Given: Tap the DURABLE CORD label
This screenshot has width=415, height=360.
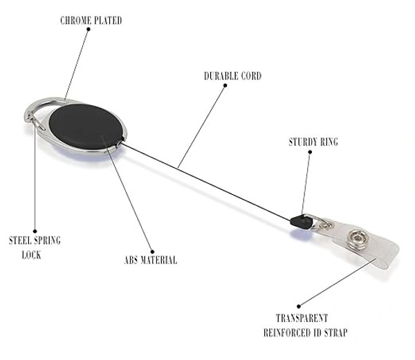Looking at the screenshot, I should click(232, 76).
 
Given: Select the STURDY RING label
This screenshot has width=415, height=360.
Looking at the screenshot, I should click(313, 143).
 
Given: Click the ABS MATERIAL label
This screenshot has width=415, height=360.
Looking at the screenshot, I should click(150, 260).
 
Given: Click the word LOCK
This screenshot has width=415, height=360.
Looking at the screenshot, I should click(31, 255).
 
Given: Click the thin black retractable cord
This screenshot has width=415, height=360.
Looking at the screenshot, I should click(207, 181).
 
